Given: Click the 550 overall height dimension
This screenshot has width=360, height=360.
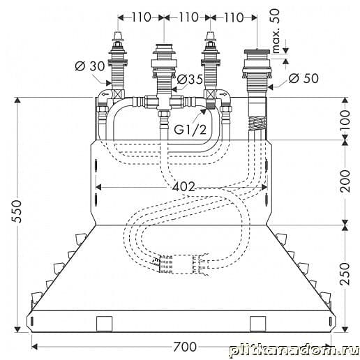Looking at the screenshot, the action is [x=17, y=211].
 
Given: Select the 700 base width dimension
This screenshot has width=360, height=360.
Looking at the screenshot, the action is [x=185, y=347].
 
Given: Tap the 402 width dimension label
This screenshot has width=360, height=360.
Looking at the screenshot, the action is [x=183, y=187].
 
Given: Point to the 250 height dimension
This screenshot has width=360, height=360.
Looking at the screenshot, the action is [x=345, y=273].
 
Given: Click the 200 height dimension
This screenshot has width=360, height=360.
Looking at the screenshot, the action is [x=345, y=181].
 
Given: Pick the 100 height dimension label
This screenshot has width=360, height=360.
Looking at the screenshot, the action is [x=345, y=121].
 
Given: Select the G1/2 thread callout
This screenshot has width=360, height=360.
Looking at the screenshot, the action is [x=190, y=130].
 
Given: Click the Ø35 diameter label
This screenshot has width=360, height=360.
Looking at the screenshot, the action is [x=190, y=79].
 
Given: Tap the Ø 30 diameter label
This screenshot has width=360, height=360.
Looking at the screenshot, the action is [x=90, y=66].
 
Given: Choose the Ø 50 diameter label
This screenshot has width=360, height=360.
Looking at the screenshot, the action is [x=303, y=78].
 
